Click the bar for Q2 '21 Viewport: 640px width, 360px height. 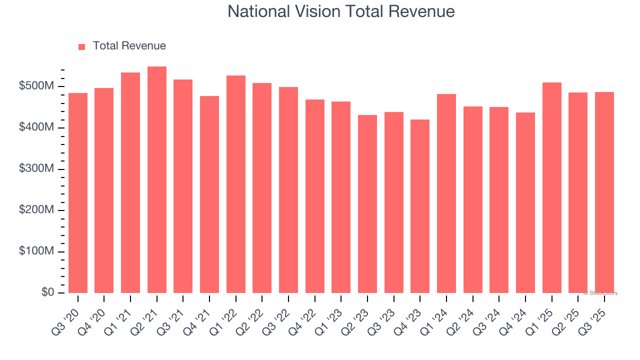click(157, 180)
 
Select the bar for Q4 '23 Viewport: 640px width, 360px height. click(420, 206)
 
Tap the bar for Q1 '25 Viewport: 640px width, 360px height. click(551, 187)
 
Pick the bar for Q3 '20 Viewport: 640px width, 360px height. click(78, 193)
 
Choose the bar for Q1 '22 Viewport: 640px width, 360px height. click(236, 184)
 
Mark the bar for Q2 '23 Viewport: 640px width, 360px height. click(367, 204)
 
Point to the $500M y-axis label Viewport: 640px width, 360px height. click(36, 86)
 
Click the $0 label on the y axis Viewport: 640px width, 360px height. click(47, 292)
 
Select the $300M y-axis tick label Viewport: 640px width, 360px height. click(36, 169)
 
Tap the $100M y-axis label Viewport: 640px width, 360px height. click(36, 251)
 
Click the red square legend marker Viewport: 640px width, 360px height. click(82, 46)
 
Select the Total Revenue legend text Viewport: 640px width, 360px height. click(129, 46)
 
